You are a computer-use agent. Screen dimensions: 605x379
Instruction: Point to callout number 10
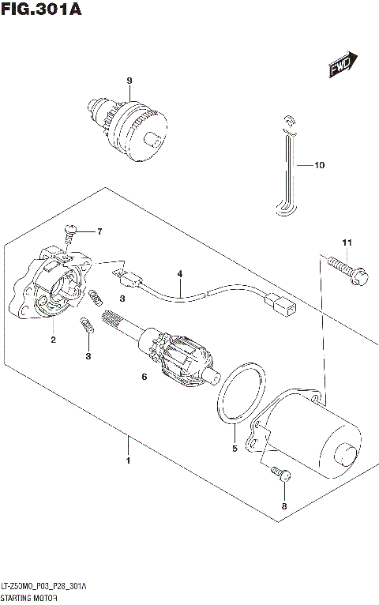click(319, 166)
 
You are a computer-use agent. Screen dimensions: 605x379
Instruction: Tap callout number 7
click(99, 231)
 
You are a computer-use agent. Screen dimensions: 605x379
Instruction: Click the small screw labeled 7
click(70, 230)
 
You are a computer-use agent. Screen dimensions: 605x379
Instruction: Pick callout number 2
click(53, 340)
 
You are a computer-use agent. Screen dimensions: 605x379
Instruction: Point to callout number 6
click(144, 378)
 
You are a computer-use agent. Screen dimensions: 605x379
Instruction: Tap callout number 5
click(234, 449)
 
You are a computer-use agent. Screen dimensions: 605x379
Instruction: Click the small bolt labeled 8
click(283, 474)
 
